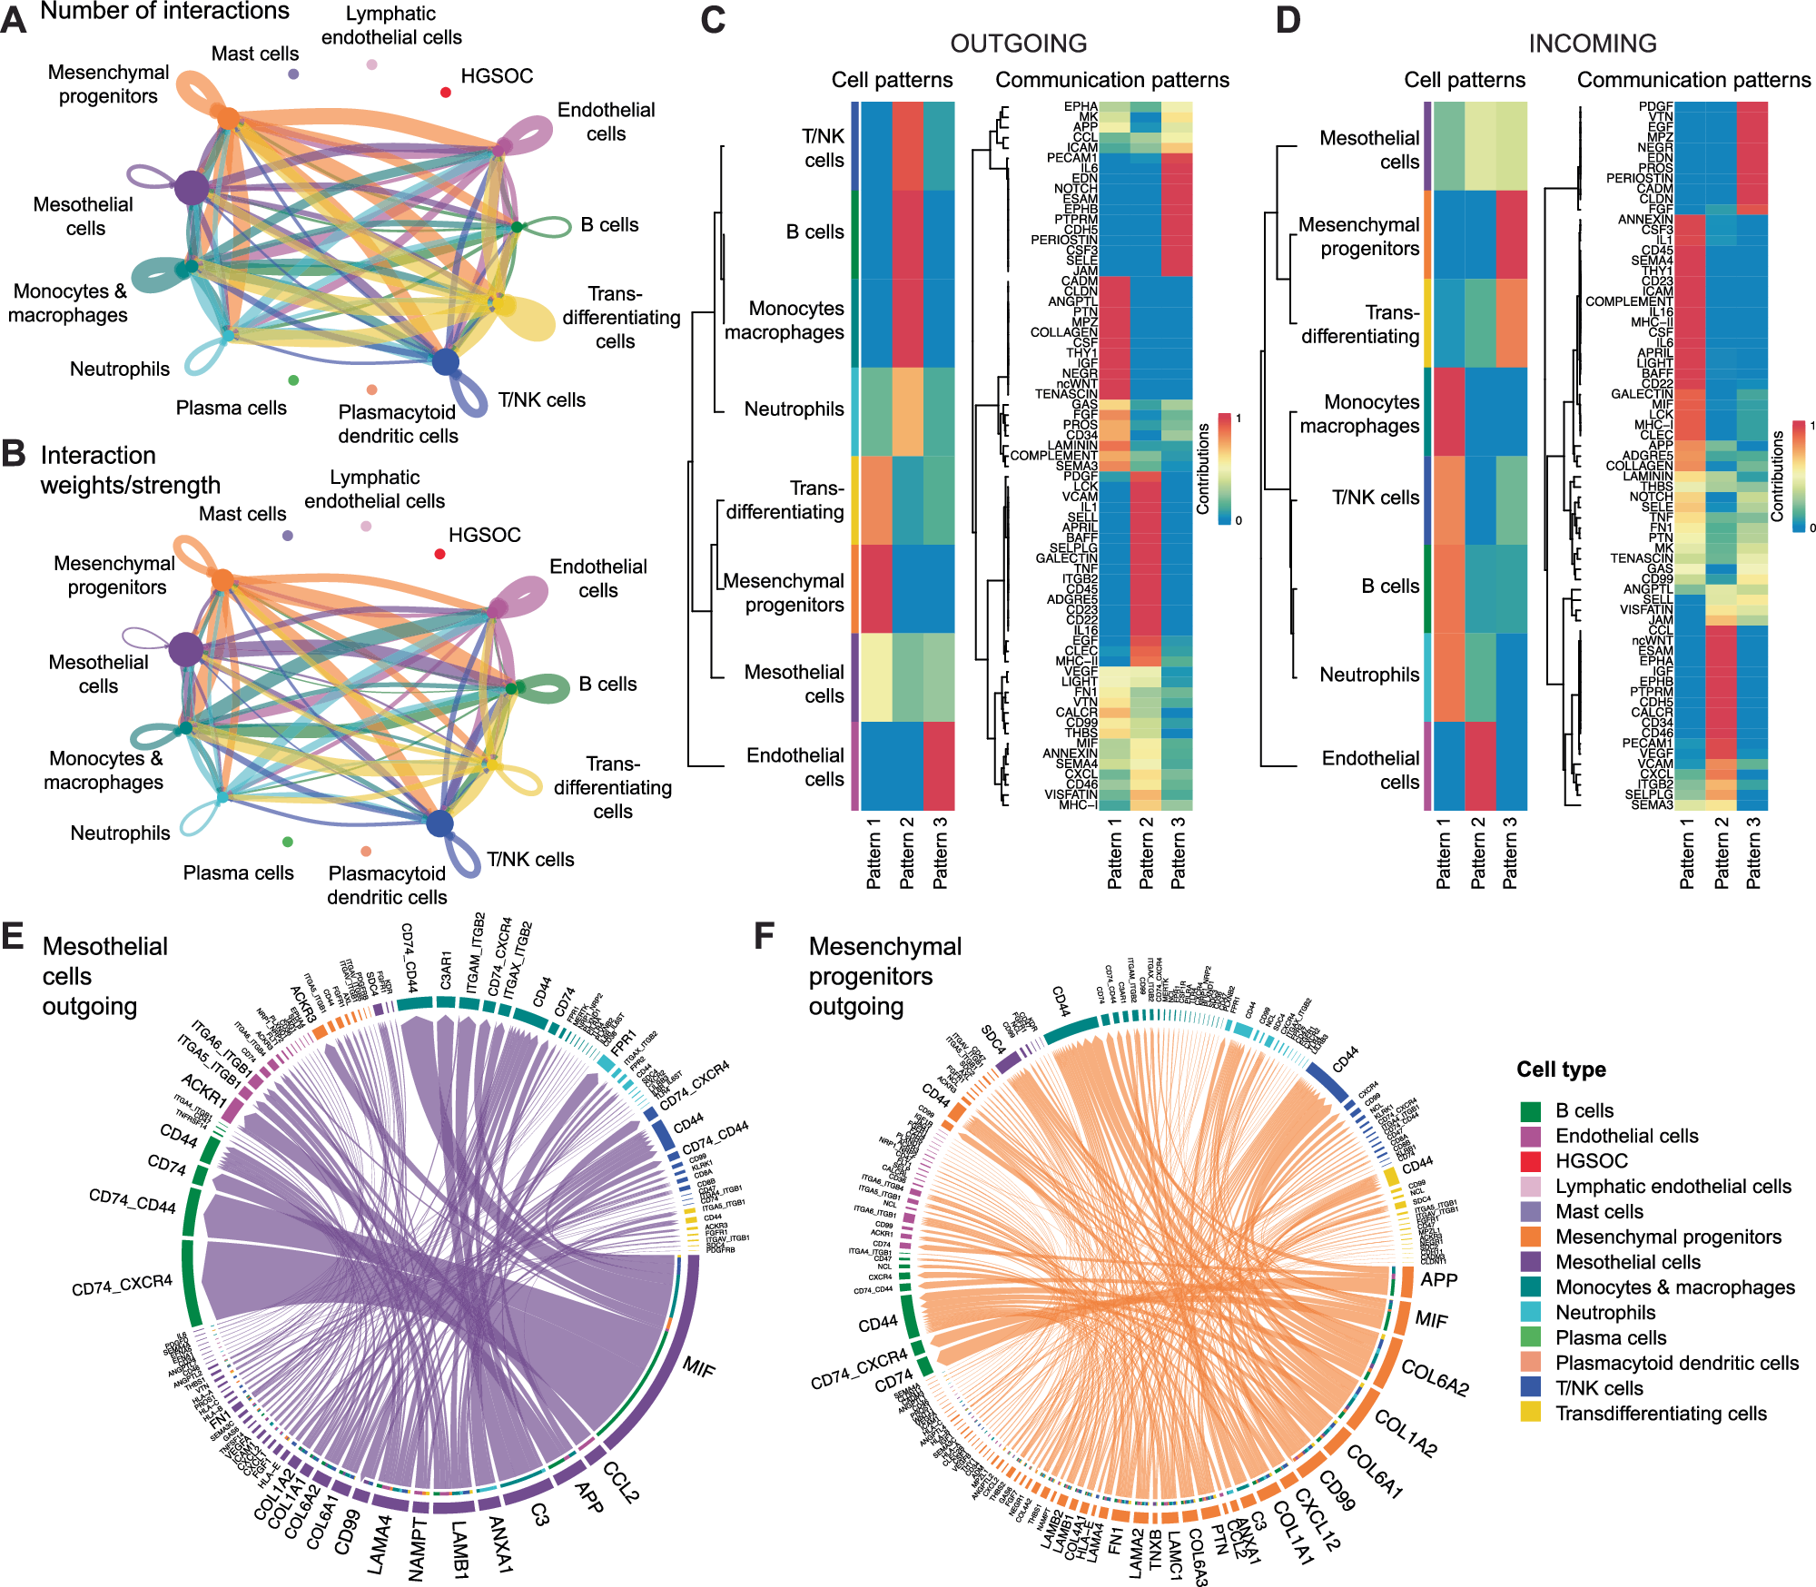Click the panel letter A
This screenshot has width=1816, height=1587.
(x=14, y=19)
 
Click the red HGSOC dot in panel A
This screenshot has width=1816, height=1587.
(x=446, y=92)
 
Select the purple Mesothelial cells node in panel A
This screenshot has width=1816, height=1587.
(x=191, y=188)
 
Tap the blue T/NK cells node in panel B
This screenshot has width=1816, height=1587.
(x=439, y=823)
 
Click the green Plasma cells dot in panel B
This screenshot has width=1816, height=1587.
(x=288, y=842)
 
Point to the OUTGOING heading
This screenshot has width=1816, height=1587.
(x=1018, y=44)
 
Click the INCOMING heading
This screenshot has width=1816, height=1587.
(x=1592, y=44)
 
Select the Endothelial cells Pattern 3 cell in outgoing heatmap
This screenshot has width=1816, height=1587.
(x=939, y=765)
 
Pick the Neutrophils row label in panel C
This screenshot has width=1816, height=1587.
(x=794, y=409)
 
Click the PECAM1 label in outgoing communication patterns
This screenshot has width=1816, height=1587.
(x=1071, y=158)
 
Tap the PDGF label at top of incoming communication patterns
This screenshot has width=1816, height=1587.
(x=1655, y=106)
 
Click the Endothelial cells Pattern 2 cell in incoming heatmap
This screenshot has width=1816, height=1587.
(x=1479, y=765)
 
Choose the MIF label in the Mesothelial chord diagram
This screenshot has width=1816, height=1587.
(x=699, y=1366)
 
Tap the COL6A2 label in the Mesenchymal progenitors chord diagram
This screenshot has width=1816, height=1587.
(x=1435, y=1377)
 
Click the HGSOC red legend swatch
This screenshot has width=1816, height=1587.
(x=1531, y=1161)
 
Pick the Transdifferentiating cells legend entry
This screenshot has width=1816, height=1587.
(x=1661, y=1414)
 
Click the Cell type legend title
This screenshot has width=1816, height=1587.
(x=1561, y=1069)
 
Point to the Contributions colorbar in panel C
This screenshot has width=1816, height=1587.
(x=1225, y=468)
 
